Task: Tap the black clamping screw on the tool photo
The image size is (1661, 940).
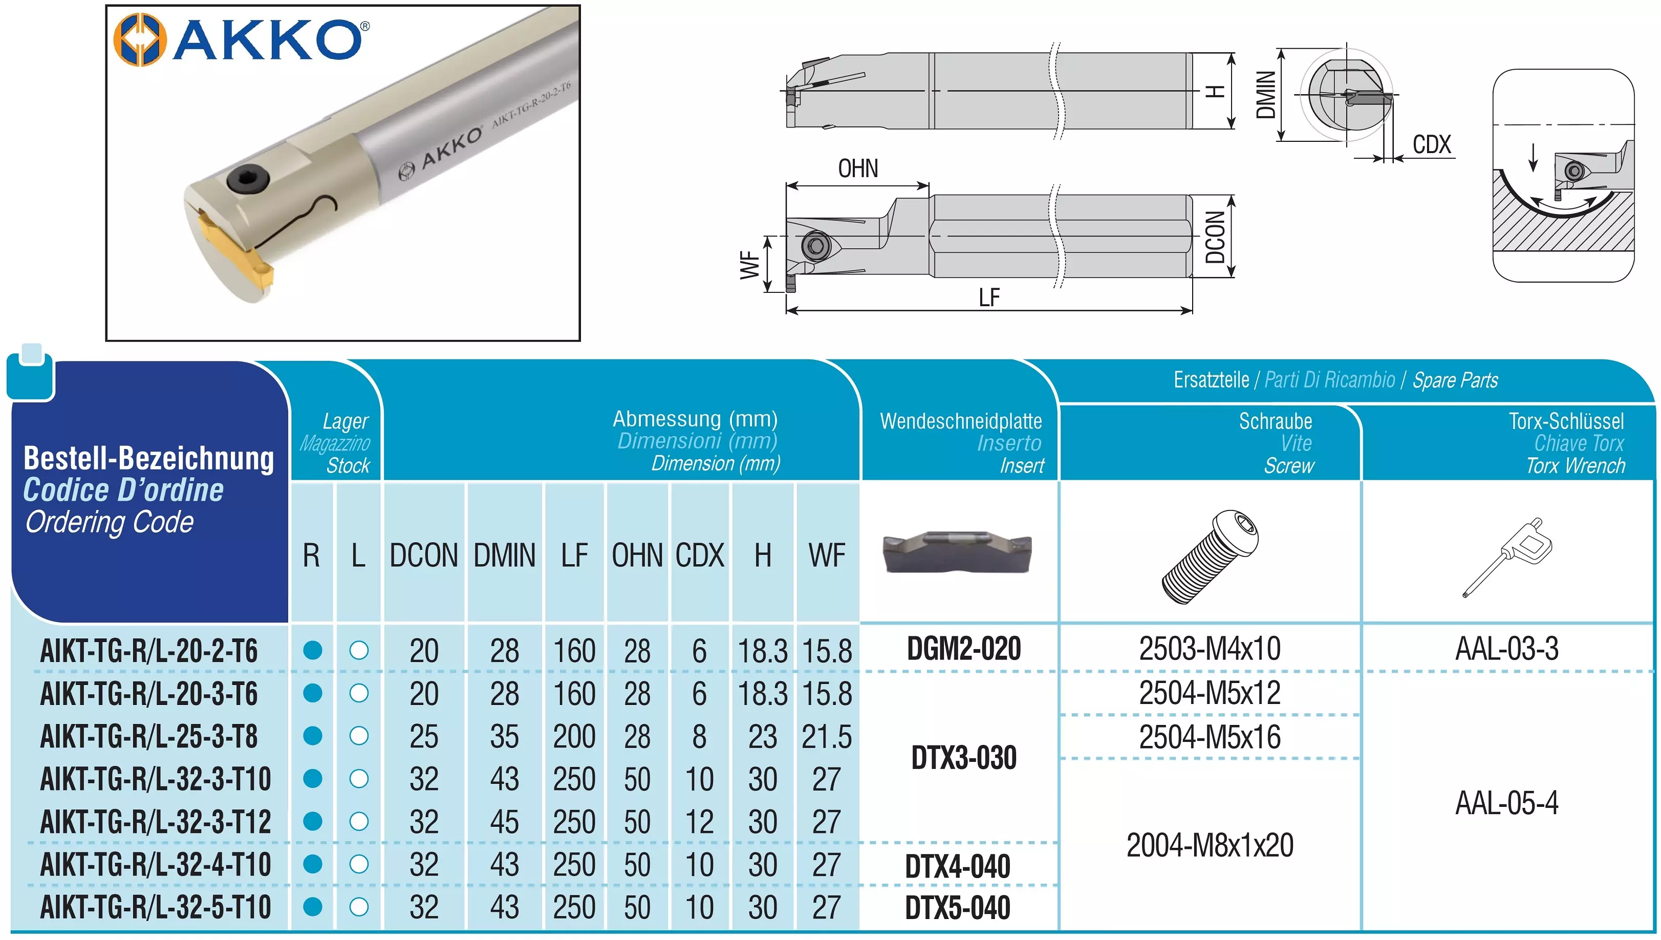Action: (247, 178)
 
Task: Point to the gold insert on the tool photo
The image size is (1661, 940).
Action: (235, 253)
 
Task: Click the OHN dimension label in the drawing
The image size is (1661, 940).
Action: (857, 168)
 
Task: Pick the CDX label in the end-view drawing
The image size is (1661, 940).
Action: (1431, 144)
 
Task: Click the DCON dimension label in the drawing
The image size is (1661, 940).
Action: (1215, 237)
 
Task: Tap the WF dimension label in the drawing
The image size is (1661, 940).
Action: (750, 265)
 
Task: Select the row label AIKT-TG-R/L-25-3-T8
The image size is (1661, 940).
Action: (149, 736)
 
